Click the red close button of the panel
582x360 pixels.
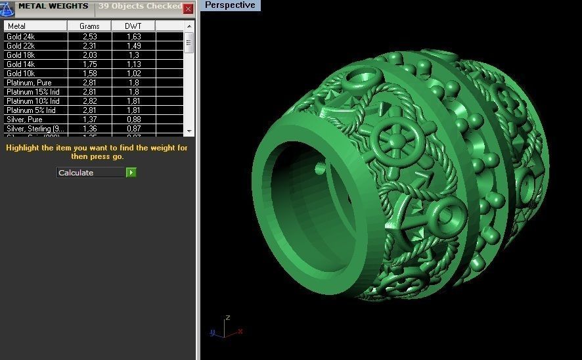pyautogui.click(x=188, y=9)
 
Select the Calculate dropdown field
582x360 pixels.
pyautogui.click(x=91, y=173)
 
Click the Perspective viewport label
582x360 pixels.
pyautogui.click(x=230, y=5)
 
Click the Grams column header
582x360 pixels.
pyautogui.click(x=89, y=26)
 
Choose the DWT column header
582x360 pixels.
pyautogui.click(x=133, y=26)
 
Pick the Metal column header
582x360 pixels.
pyautogui.click(x=35, y=26)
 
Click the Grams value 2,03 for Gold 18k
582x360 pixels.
pyautogui.click(x=89, y=55)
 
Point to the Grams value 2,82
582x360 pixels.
pyautogui.click(x=89, y=101)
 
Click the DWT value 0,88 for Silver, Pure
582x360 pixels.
pyautogui.click(x=133, y=120)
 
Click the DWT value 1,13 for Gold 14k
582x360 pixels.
pyautogui.click(x=133, y=64)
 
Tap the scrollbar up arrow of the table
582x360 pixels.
pyautogui.click(x=189, y=26)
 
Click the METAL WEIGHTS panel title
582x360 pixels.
pyautogui.click(x=53, y=7)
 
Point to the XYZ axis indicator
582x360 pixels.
pyautogui.click(x=225, y=328)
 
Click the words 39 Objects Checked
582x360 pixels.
pyautogui.click(x=140, y=7)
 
